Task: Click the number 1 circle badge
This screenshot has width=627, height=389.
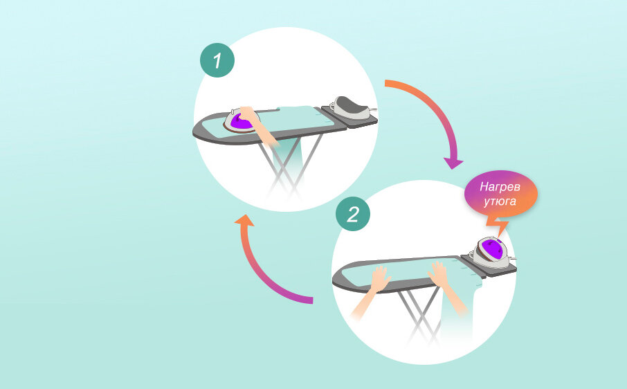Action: coord(217,61)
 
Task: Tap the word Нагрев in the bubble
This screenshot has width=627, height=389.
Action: coord(500,186)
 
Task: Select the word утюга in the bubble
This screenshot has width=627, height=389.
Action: coord(500,199)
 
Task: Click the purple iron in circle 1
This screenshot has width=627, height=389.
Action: coord(241,122)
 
